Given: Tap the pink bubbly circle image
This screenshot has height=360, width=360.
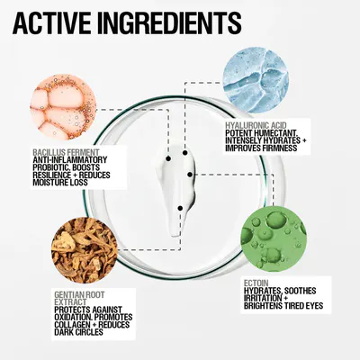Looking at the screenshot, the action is (63, 107).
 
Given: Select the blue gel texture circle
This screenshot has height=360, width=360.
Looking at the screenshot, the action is (256, 79).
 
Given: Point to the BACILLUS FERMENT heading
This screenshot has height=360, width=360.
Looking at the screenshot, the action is (66, 152).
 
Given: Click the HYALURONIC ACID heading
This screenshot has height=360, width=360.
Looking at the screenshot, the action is (256, 125).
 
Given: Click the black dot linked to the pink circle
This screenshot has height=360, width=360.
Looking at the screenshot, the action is (168, 158).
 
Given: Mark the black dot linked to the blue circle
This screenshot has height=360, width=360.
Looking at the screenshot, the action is (185, 153).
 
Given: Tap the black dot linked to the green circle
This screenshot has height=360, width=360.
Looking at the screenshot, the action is (190, 174).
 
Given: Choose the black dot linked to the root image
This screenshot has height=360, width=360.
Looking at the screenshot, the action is (180, 208).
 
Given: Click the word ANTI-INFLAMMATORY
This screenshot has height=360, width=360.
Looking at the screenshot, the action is (69, 159).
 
